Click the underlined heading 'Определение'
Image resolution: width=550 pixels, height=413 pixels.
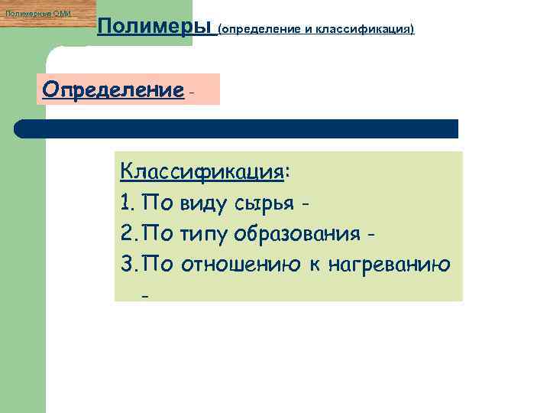(x=113, y=89)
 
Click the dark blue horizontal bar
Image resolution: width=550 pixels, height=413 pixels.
(x=237, y=128)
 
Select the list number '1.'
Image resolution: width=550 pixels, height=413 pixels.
(x=128, y=203)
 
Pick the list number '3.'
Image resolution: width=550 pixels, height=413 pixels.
(x=128, y=264)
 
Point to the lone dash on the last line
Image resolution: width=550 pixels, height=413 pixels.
(x=143, y=293)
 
